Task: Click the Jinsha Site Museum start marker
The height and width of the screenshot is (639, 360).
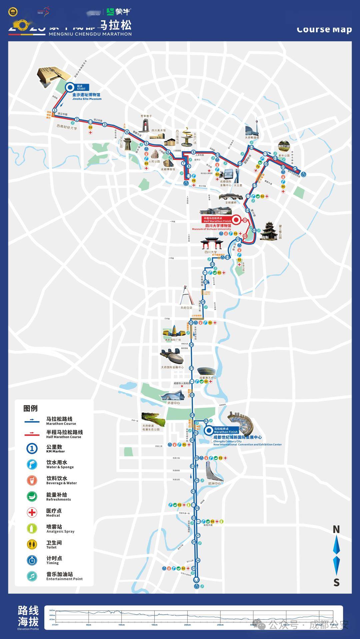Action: pos(70,88)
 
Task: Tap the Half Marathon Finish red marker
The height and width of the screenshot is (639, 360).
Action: pos(236,220)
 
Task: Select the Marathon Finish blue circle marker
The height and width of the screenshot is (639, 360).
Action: pos(209,430)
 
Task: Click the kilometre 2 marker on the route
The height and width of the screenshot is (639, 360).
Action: pos(77,119)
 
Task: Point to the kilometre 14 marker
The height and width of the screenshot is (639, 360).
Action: pos(295,169)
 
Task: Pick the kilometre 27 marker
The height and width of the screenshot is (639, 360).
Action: pos(191,368)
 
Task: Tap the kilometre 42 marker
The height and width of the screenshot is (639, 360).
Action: pos(206,421)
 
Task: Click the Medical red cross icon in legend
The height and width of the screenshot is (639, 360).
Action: pos(32,512)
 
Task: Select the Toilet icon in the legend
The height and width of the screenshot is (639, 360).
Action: pos(32,544)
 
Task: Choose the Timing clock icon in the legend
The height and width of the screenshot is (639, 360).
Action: pos(32,560)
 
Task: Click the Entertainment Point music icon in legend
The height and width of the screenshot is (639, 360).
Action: pos(32,576)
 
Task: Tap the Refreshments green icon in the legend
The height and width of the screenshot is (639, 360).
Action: pos(32,496)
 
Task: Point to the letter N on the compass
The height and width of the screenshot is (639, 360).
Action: pos(336,529)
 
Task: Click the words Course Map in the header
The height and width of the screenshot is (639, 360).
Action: pos(324,30)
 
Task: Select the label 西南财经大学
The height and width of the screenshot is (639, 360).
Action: pos(67,127)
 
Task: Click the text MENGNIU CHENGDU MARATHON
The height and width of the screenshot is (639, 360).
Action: pos(90,34)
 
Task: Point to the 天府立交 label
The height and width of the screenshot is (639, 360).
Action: pos(186,308)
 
